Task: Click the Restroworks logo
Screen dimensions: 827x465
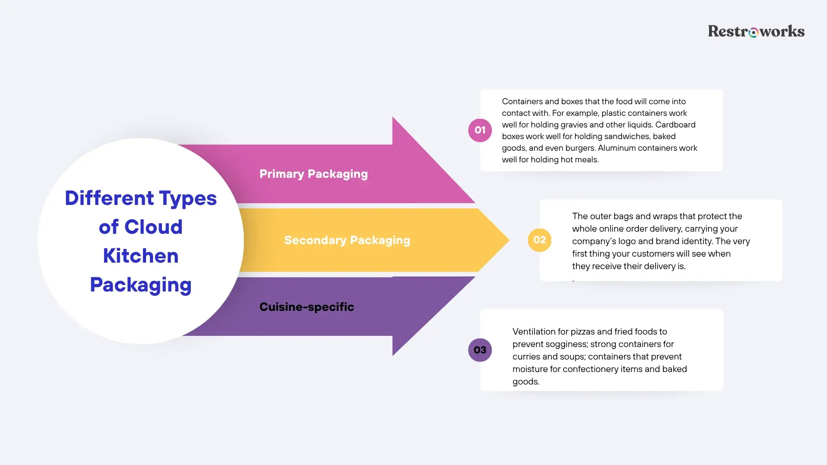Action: [756, 31]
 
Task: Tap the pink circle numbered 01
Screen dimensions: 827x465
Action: [480, 130]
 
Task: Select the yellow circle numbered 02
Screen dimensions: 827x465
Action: [539, 240]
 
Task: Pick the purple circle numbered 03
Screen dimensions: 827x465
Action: [480, 350]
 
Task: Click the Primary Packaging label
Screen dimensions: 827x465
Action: [314, 174]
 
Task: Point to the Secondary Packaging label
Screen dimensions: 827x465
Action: [347, 240]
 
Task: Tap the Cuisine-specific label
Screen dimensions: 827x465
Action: [307, 307]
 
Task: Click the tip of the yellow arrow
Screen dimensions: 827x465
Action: [509, 240]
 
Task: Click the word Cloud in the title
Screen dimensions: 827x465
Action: [153, 227]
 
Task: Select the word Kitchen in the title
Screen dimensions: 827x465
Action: [141, 256]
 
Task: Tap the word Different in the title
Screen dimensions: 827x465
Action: [109, 198]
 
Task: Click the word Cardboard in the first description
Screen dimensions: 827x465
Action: [675, 124]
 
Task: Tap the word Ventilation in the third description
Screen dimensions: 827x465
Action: [534, 332]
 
